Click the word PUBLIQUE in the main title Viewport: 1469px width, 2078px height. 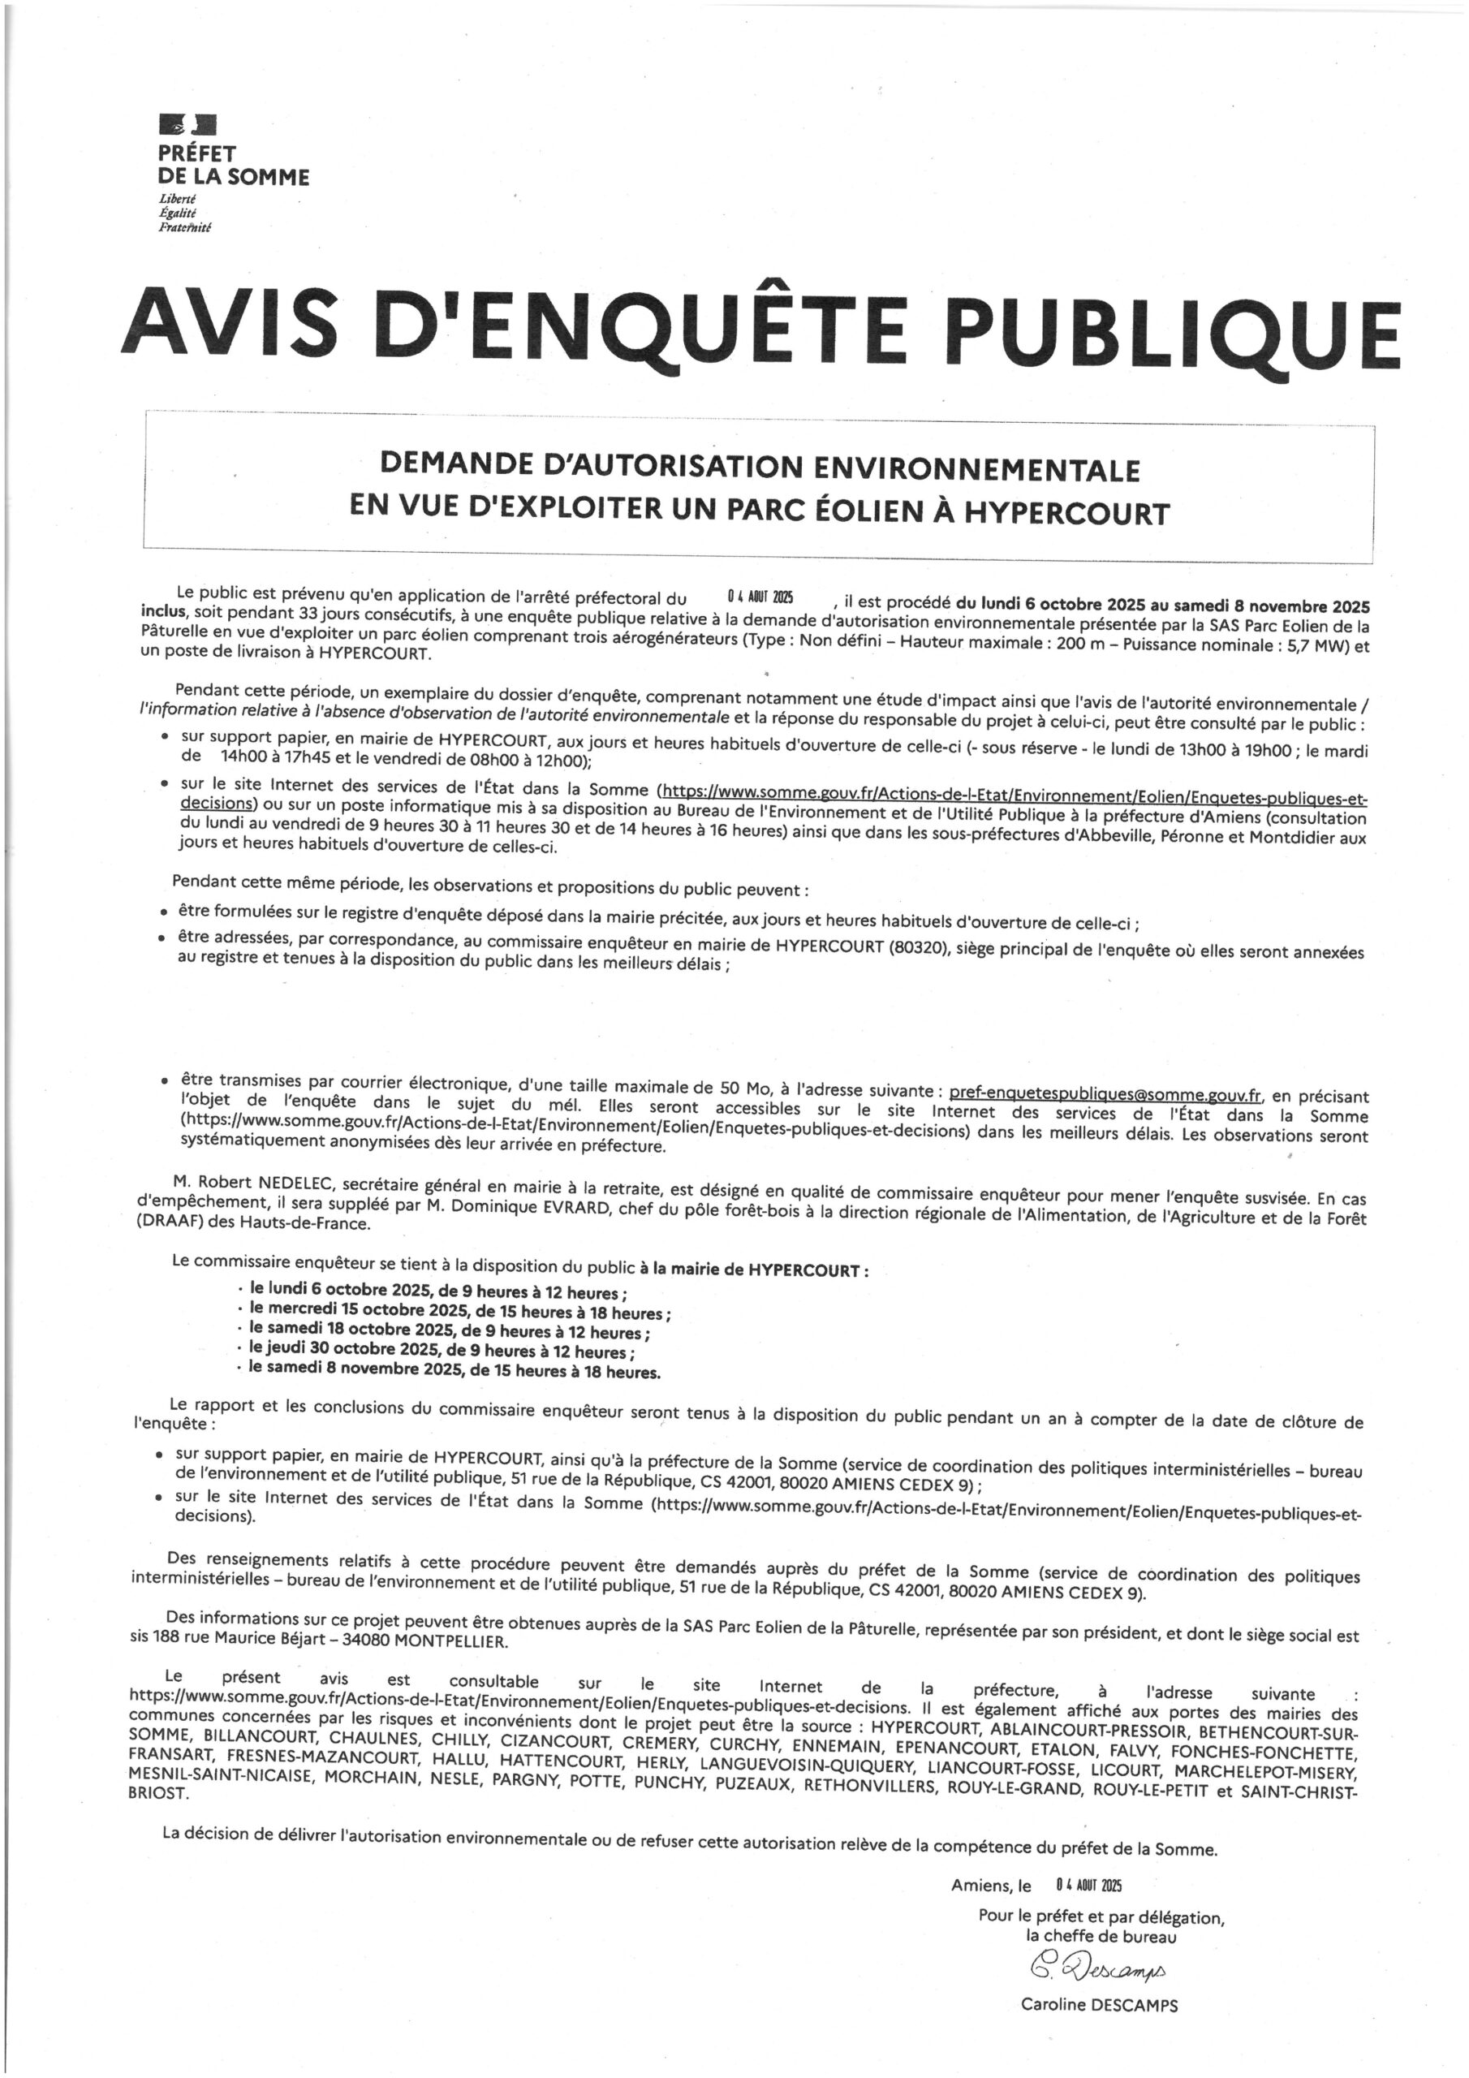click(1177, 323)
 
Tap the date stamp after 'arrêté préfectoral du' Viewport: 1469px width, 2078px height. click(760, 596)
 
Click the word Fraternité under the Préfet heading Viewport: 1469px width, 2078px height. click(183, 228)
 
